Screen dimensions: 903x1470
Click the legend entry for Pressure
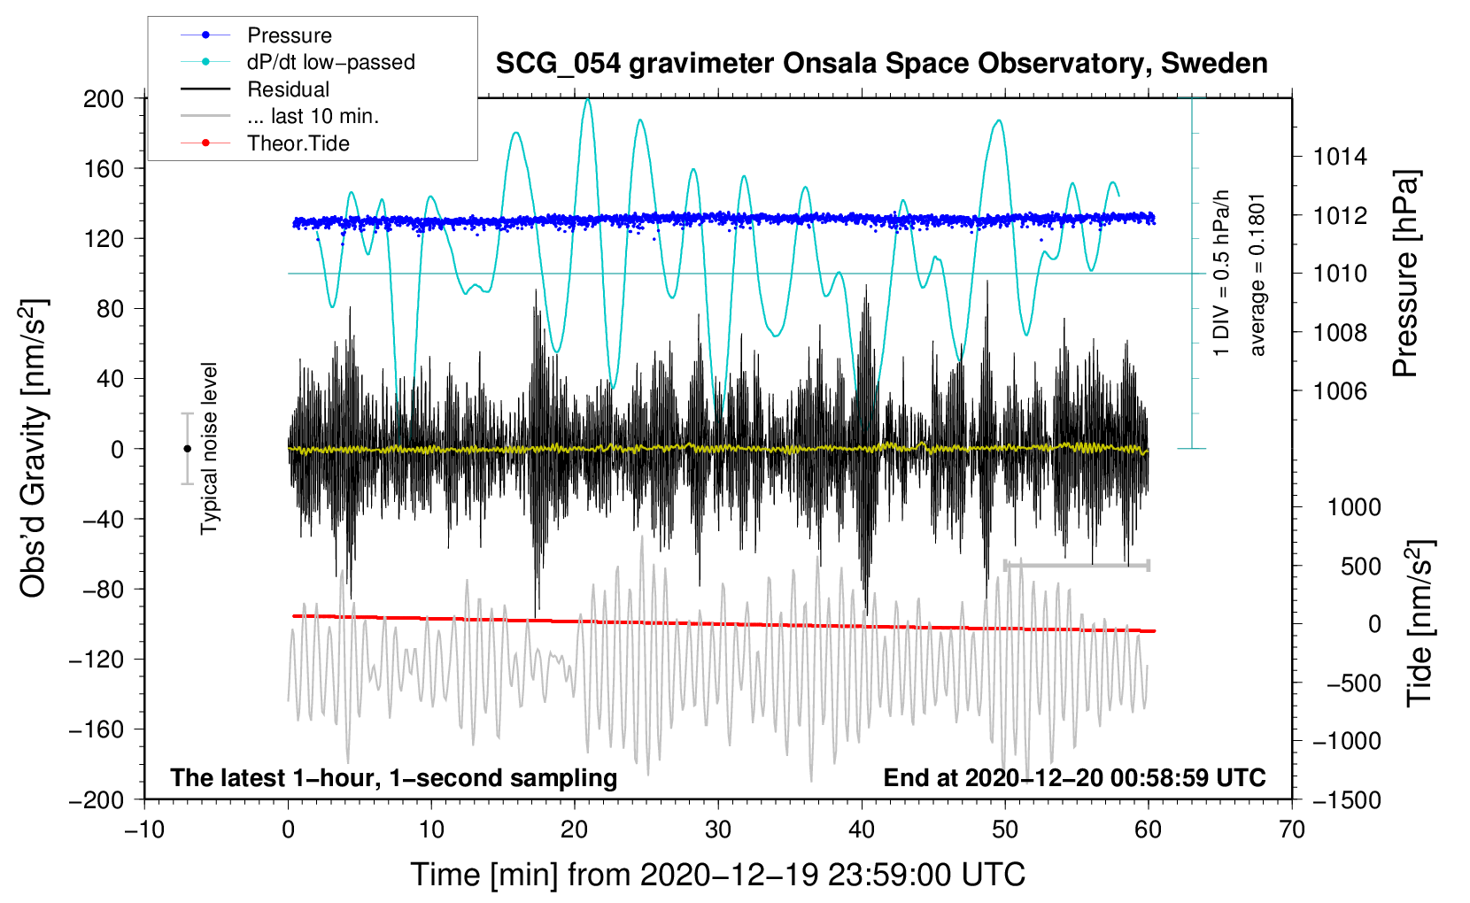pyautogui.click(x=290, y=35)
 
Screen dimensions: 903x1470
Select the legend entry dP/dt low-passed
pyautogui.click(x=330, y=62)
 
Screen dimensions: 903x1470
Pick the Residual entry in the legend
pyautogui.click(x=288, y=89)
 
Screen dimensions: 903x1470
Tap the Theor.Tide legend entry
pyautogui.click(x=298, y=143)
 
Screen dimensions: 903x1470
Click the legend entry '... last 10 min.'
pyautogui.click(x=313, y=116)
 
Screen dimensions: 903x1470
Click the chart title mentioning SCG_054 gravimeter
pyautogui.click(x=881, y=64)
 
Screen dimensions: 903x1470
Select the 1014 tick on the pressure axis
pyautogui.click(x=1340, y=157)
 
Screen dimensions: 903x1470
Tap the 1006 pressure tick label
pyautogui.click(x=1340, y=390)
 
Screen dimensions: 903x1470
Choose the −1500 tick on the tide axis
pyautogui.click(x=1346, y=799)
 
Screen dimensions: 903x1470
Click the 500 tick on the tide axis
pyautogui.click(x=1360, y=566)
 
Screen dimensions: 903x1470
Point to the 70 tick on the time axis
pyautogui.click(x=1292, y=830)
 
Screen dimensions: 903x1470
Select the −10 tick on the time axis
pyautogui.click(x=144, y=830)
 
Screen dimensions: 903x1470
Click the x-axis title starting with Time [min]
pyautogui.click(x=718, y=875)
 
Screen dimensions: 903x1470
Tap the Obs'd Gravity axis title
pyautogui.click(x=33, y=448)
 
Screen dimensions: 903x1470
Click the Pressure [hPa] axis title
pyautogui.click(x=1405, y=274)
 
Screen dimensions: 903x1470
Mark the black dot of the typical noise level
pyautogui.click(x=187, y=449)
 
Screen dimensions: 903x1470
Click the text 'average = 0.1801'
pyautogui.click(x=1257, y=274)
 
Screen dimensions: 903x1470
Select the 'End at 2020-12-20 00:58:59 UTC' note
pyautogui.click(x=1074, y=777)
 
